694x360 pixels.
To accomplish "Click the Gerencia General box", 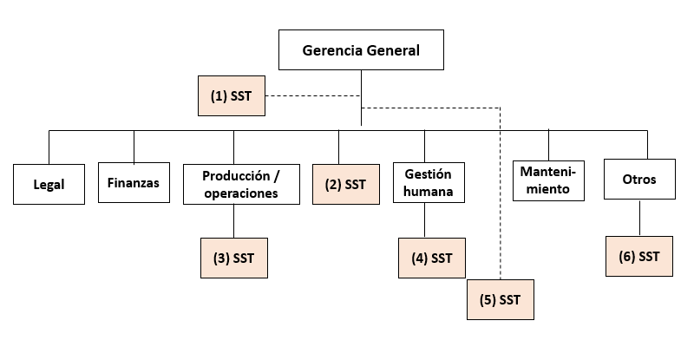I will coord(361,49).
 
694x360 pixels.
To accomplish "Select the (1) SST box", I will coord(231,96).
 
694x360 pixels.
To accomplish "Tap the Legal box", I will coord(49,184).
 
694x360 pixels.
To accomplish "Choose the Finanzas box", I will coord(134,182).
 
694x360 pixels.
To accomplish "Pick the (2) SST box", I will coord(345,184).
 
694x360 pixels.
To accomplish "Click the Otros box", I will coord(639,180).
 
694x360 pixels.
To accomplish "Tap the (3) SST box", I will coord(233,258).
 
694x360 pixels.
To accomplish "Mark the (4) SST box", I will coord(431,258).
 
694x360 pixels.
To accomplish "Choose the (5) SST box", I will coord(501,300).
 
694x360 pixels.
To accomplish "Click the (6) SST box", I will coord(639,256).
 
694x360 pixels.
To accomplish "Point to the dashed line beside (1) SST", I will coord(312,95).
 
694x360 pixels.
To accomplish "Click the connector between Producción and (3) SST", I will coord(233,220).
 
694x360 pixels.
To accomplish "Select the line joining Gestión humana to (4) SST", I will coord(424,221).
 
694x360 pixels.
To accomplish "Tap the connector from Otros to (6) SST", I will coord(639,219).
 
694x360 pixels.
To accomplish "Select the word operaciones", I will coord(241,193).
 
